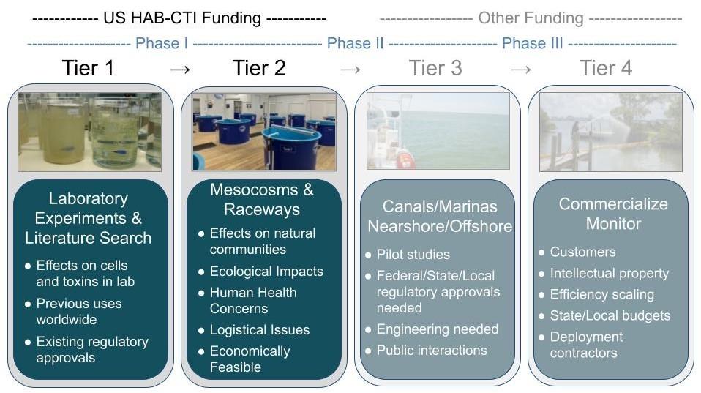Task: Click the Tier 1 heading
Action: [89, 68]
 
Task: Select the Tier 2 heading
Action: [259, 68]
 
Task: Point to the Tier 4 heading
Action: [605, 68]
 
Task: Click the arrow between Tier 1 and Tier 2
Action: [179, 69]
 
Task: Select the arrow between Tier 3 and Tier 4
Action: [521, 69]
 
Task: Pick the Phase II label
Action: [355, 43]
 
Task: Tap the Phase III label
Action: [532, 43]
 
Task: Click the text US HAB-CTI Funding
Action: [180, 18]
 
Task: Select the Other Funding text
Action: [531, 18]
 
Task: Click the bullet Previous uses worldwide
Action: [79, 311]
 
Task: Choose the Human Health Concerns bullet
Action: [252, 300]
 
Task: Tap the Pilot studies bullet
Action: [413, 255]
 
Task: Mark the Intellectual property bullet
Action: [609, 273]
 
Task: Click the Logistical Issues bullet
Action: [259, 330]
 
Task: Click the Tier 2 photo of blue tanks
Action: [264, 131]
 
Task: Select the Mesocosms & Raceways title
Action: [261, 200]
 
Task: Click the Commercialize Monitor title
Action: [612, 214]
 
